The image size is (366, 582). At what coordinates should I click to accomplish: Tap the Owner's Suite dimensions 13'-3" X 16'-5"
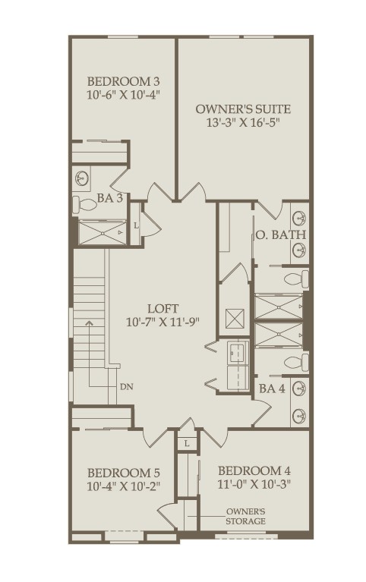(243, 122)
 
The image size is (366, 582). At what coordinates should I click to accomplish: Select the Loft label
(162, 308)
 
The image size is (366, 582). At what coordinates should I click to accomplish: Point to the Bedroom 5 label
(123, 473)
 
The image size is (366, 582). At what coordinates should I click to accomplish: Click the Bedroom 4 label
(254, 471)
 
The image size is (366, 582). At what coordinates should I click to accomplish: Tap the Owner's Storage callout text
(245, 516)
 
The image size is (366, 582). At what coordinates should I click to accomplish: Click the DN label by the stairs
(127, 386)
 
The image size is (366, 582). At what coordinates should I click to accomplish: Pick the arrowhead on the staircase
(89, 322)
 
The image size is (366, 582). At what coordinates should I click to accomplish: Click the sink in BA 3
(81, 178)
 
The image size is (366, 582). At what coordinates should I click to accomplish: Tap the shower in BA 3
(103, 233)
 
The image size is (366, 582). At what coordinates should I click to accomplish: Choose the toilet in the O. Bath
(296, 279)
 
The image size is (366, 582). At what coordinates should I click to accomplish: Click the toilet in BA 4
(296, 363)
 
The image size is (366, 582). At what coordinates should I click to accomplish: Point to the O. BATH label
(280, 234)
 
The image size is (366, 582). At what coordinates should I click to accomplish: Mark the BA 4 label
(273, 389)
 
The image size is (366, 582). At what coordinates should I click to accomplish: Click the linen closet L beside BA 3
(136, 225)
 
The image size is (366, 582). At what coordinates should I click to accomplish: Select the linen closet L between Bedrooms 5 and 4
(187, 443)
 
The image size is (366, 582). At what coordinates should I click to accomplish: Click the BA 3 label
(110, 198)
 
